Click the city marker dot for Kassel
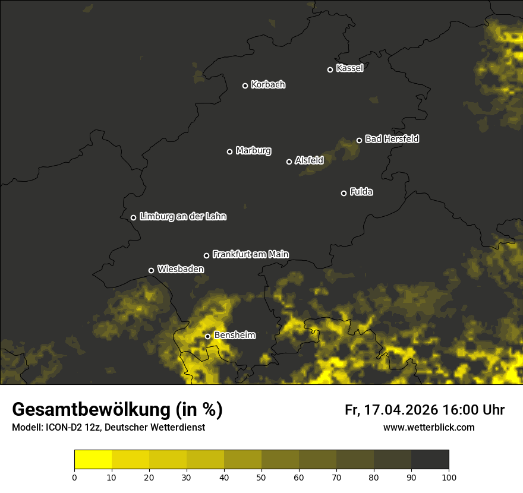tap(330, 69)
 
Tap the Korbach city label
tap(268, 85)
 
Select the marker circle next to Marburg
tap(229, 151)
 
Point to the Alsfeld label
tap(309, 160)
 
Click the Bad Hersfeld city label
tap(392, 139)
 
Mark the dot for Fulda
tap(344, 193)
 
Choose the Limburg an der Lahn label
tap(183, 217)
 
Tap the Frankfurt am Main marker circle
tap(206, 255)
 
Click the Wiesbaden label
tap(181, 270)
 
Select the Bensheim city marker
tap(207, 336)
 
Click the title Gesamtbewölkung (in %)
tap(117, 410)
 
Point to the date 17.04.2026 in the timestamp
tap(399, 410)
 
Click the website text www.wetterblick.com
tap(429, 427)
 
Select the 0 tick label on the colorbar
tap(74, 477)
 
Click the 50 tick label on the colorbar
tap(261, 477)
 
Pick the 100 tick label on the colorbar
tap(449, 477)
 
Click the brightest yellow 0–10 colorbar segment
tap(93, 460)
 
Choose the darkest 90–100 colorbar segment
tap(430, 460)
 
